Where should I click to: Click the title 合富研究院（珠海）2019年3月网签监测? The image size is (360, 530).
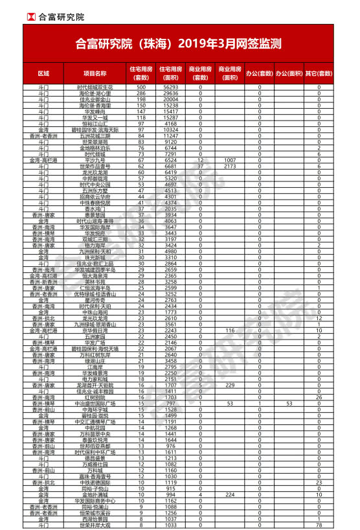point(179,44)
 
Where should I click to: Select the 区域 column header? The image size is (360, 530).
point(43,73)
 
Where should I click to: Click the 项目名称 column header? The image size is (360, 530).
point(95,73)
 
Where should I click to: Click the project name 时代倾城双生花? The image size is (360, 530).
point(95,87)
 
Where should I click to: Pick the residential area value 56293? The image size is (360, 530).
point(170,87)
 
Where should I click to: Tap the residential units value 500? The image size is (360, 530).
point(141,87)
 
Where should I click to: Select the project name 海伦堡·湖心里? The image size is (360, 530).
point(95,93)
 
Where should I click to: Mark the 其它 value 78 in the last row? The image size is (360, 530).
point(319,525)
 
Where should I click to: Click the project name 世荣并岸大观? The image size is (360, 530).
point(95,525)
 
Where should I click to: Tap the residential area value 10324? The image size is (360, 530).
point(170,130)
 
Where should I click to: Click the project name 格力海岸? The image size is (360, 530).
point(95,246)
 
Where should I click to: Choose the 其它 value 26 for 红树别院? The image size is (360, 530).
point(319,397)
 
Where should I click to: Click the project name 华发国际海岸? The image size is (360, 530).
point(95,227)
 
